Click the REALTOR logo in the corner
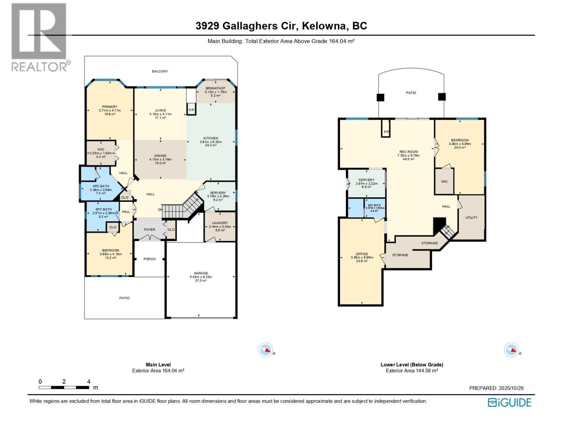[x=39, y=37]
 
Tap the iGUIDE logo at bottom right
[x=509, y=402]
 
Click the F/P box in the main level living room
[x=191, y=110]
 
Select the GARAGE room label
[x=201, y=273]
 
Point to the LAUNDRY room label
[x=220, y=223]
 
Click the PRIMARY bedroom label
[x=109, y=107]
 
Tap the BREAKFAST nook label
[x=215, y=88]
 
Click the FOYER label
[x=150, y=230]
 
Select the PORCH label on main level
[x=150, y=259]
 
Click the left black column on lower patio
[x=380, y=97]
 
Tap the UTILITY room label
[x=471, y=218]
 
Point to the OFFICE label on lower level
[x=362, y=254]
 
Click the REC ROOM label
[x=409, y=152]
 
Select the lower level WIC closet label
[x=444, y=182]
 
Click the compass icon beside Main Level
[x=265, y=350]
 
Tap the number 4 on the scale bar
[x=89, y=382]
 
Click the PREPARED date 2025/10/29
[x=511, y=388]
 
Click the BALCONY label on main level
[x=160, y=71]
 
